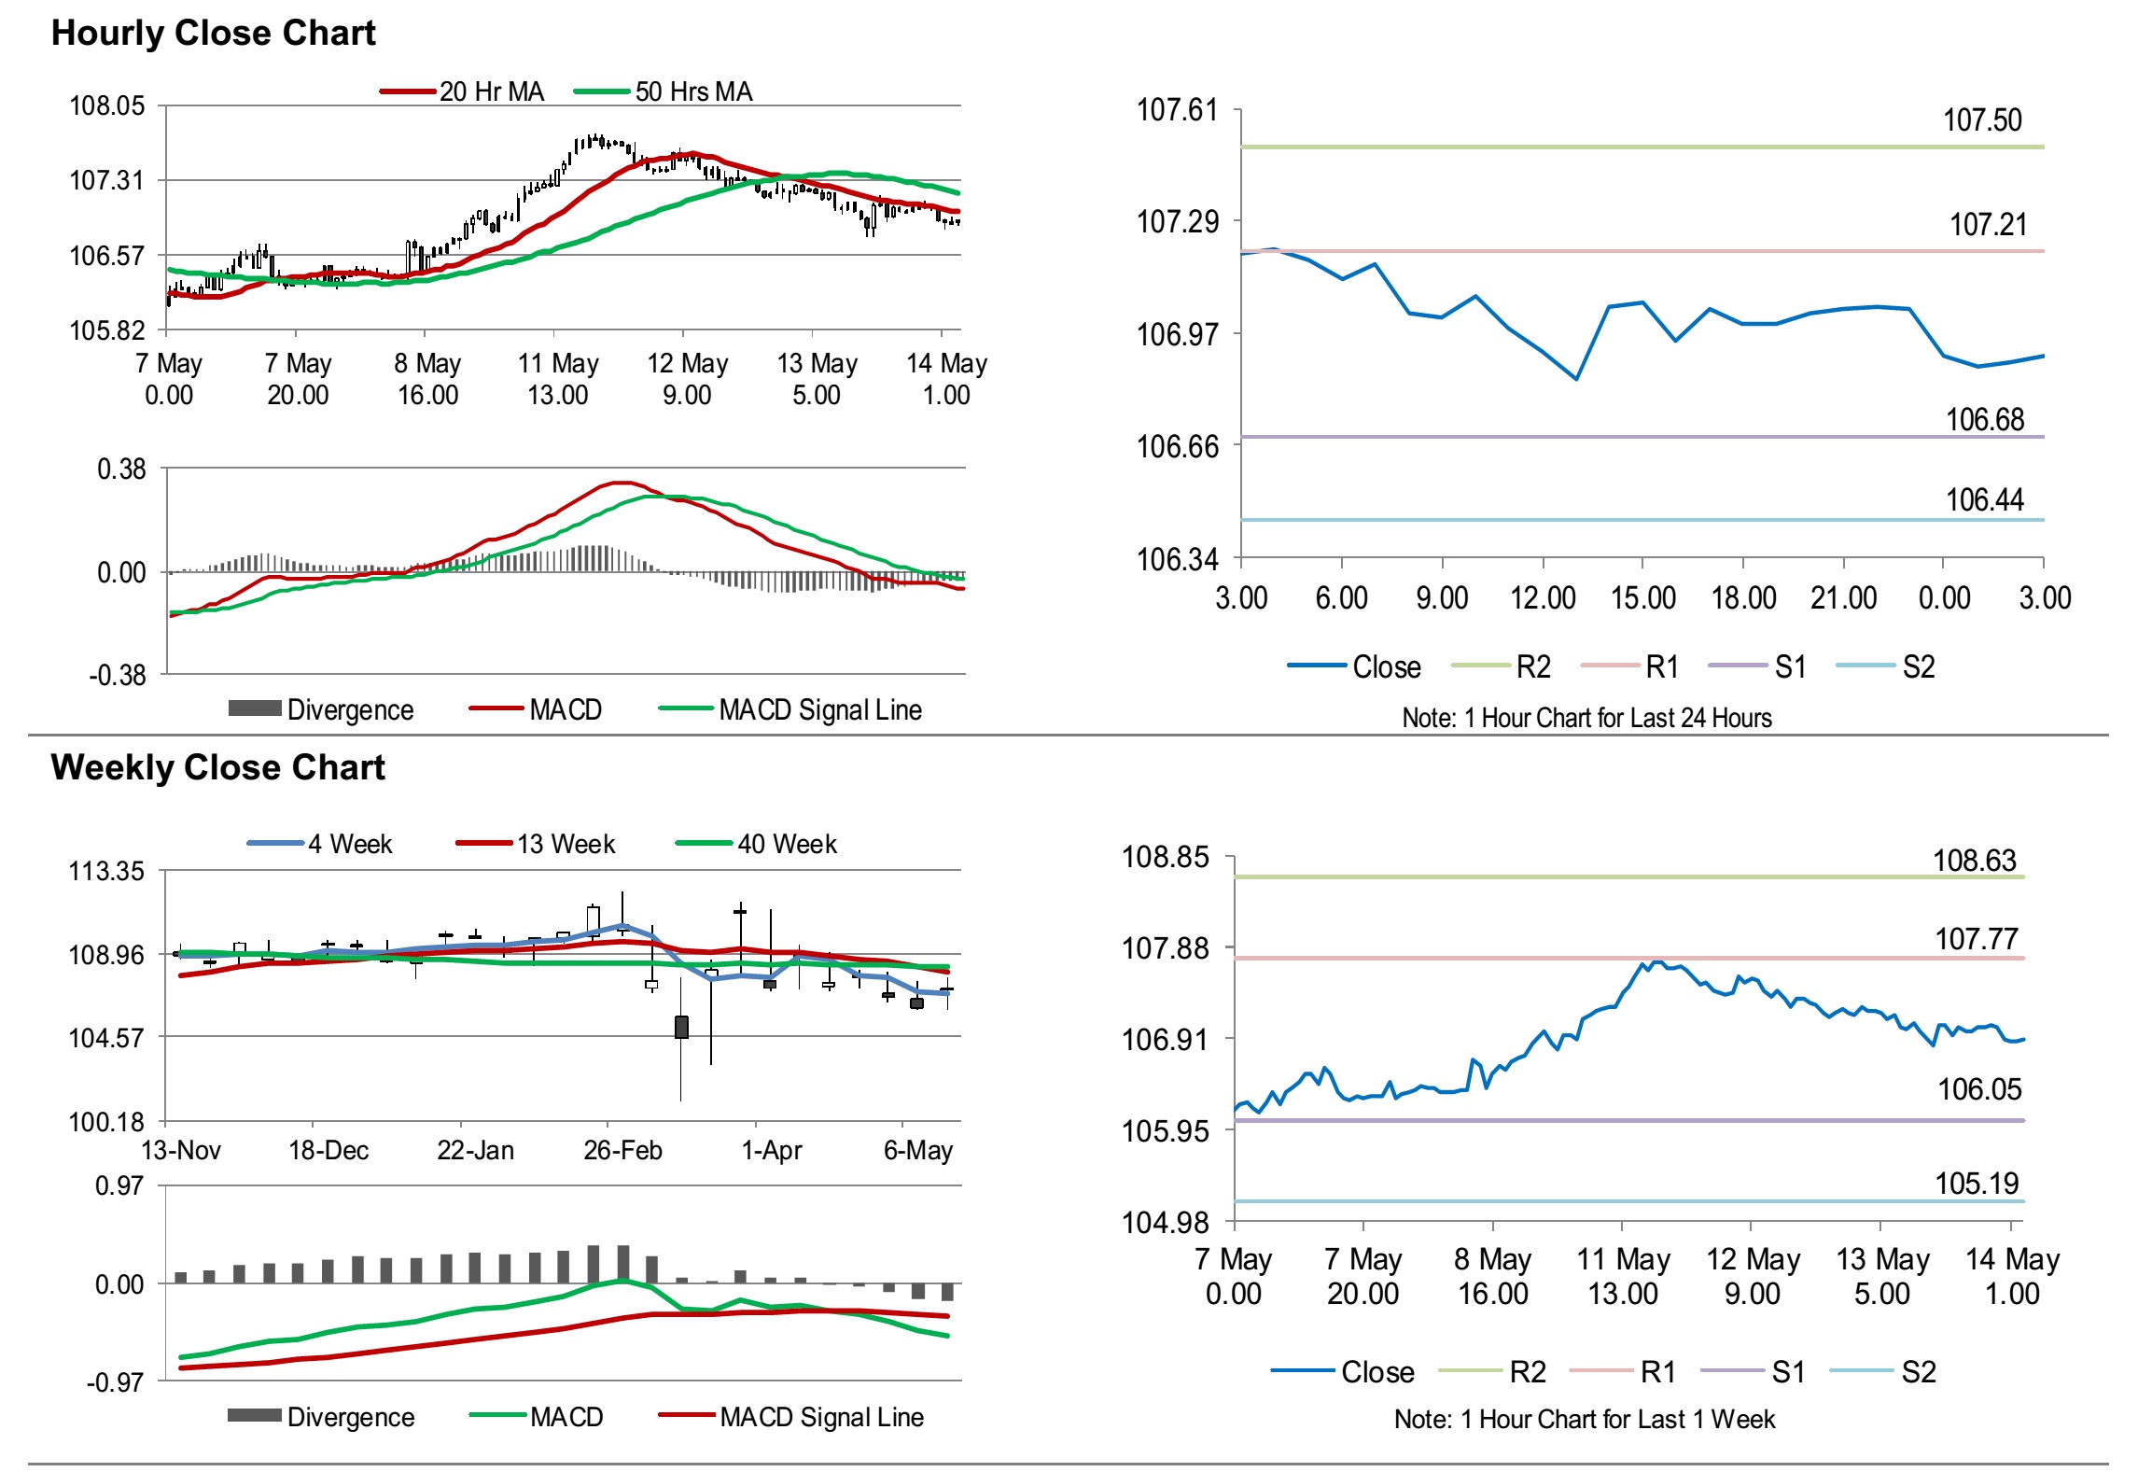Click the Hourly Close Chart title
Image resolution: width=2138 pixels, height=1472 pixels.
click(x=213, y=33)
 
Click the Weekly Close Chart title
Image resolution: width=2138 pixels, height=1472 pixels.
click(x=217, y=767)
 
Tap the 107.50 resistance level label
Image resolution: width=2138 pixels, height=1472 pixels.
click(x=1982, y=120)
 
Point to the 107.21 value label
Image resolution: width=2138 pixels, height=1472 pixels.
click(x=1988, y=225)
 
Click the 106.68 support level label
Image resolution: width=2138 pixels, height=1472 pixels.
click(x=1985, y=420)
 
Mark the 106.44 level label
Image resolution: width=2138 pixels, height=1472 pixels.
click(x=1984, y=500)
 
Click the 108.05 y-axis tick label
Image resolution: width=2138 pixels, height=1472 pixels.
click(x=107, y=105)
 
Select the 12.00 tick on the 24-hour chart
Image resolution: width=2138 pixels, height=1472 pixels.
click(x=1543, y=598)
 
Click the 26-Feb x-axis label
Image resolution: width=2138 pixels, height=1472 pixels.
click(x=622, y=1150)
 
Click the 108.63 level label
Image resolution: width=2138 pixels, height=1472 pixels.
click(x=1975, y=861)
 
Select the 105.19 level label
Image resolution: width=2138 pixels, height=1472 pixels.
click(x=1977, y=1184)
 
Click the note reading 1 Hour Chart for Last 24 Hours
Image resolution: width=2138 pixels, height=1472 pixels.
click(x=1586, y=718)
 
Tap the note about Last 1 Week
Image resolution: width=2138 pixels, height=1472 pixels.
click(x=1584, y=1419)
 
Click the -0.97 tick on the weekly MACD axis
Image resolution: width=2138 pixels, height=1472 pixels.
click(x=116, y=1382)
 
